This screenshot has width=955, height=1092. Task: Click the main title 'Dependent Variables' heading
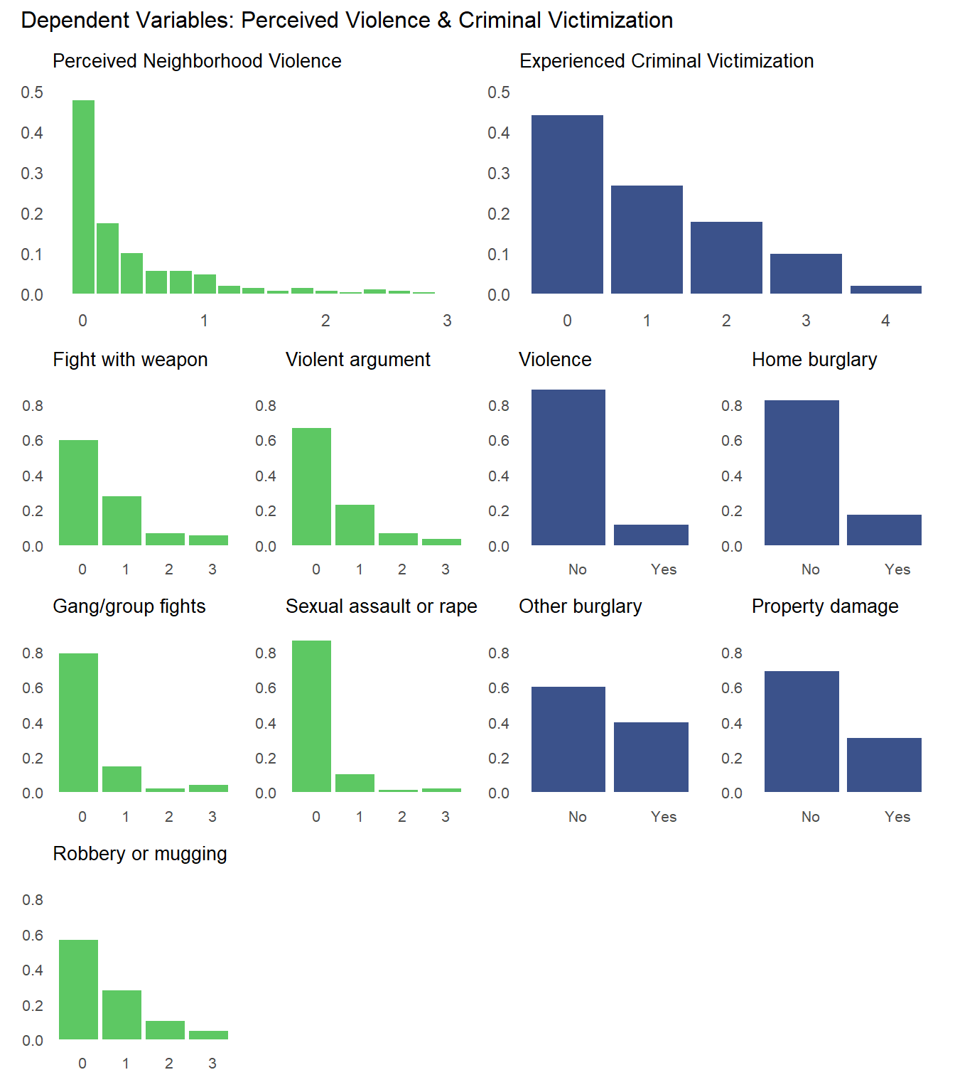347,21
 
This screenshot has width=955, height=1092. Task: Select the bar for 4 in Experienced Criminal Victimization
885,289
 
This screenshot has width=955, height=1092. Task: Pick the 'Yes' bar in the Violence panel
651,535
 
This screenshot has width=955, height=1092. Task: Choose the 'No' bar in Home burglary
802,473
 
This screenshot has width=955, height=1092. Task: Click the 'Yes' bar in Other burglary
651,757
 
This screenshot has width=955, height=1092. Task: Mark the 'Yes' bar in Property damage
884,765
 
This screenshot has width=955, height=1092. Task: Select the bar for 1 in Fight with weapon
122,521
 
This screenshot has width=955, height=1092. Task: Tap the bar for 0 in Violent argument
311,487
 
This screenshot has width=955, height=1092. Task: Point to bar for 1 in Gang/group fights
122,779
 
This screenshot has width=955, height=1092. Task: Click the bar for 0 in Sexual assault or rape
311,717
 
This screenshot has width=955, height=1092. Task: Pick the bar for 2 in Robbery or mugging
165,1030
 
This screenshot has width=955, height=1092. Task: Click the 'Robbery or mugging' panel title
140,854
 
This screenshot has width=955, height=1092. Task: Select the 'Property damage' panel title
825,606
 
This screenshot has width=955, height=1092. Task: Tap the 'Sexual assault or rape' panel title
381,606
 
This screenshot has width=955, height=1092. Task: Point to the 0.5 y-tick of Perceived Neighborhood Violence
32,92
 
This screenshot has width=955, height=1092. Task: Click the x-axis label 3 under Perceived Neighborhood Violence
447,321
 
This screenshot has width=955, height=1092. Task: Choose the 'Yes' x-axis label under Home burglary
897,569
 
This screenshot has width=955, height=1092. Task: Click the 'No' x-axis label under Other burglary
577,817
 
